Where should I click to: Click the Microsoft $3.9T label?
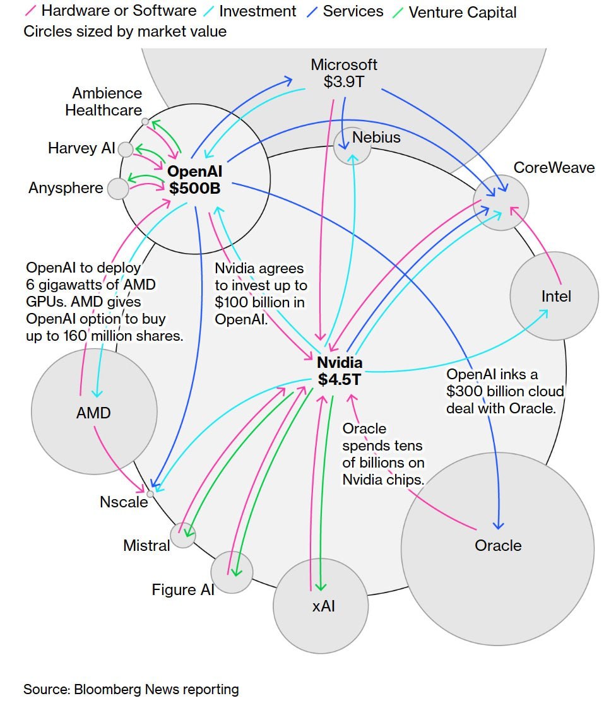pyautogui.click(x=344, y=73)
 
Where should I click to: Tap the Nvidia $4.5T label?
pyautogui.click(x=340, y=372)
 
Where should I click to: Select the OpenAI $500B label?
pyautogui.click(x=195, y=179)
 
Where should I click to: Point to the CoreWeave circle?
pyautogui.click(x=501, y=203)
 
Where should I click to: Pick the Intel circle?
pyautogui.click(x=554, y=297)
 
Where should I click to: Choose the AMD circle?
pyautogui.click(x=93, y=413)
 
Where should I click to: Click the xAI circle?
pyautogui.click(x=321, y=606)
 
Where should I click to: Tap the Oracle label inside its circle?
pyautogui.click(x=498, y=546)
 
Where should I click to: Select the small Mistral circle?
pyautogui.click(x=183, y=535)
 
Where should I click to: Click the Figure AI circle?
pyautogui.click(x=232, y=572)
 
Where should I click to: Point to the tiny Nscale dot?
pyautogui.click(x=150, y=493)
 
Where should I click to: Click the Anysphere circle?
pyautogui.click(x=118, y=188)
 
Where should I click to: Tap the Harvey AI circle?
pyautogui.click(x=126, y=149)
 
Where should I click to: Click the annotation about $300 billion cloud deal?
pyautogui.click(x=504, y=391)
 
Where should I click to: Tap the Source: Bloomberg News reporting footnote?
pyautogui.click(x=131, y=688)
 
